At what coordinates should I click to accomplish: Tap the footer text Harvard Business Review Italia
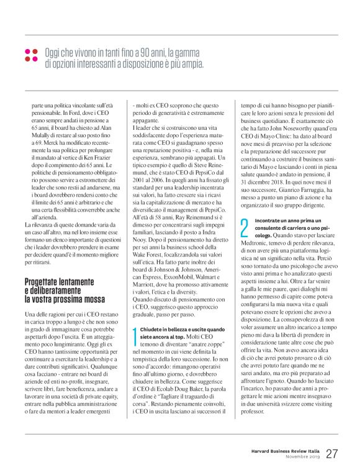click(285, 450)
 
